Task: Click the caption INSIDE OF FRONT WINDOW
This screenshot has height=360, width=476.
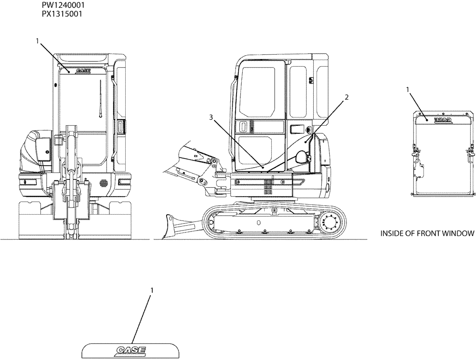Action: point(427,233)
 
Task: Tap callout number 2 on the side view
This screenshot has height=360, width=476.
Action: point(347,97)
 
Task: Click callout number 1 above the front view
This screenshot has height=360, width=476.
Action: point(38,41)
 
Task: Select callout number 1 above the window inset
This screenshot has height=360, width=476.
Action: point(407,89)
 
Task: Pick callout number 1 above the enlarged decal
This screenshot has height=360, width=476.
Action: point(152,290)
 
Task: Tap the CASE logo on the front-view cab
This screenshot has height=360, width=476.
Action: point(83,70)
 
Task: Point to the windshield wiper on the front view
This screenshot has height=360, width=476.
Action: point(101,100)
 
